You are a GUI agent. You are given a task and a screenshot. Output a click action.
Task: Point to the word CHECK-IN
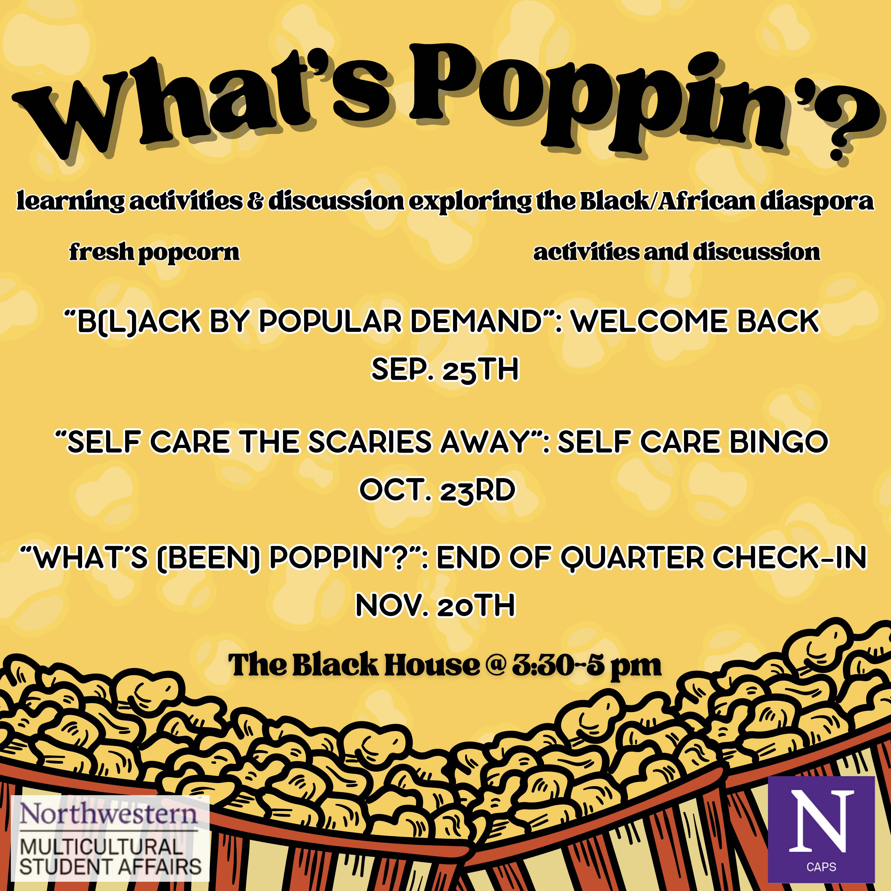790,558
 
